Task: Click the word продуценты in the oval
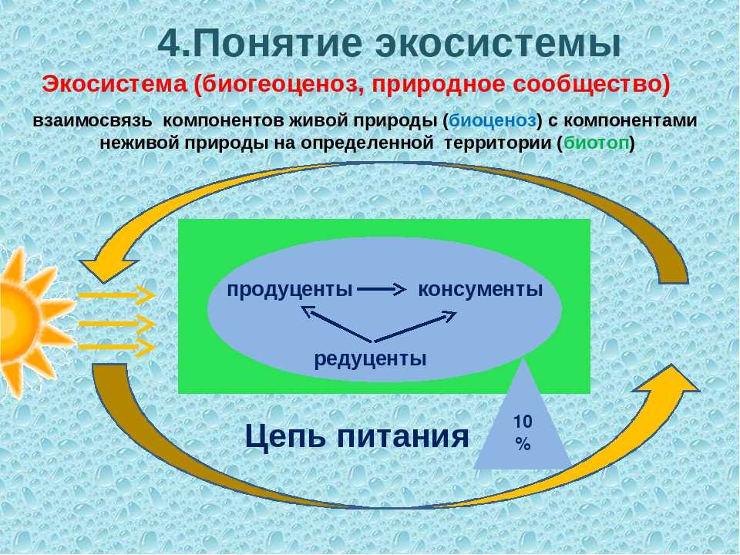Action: [290, 289]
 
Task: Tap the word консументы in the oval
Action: [480, 289]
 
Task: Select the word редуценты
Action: [371, 359]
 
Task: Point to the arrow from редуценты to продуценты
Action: [337, 324]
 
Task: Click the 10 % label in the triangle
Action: [523, 432]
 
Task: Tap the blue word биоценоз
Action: [493, 121]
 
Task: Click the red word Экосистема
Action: [115, 85]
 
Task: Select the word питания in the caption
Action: [402, 436]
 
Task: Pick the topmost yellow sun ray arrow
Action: [116, 295]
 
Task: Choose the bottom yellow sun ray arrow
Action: [116, 348]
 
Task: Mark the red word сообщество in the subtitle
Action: [591, 85]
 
